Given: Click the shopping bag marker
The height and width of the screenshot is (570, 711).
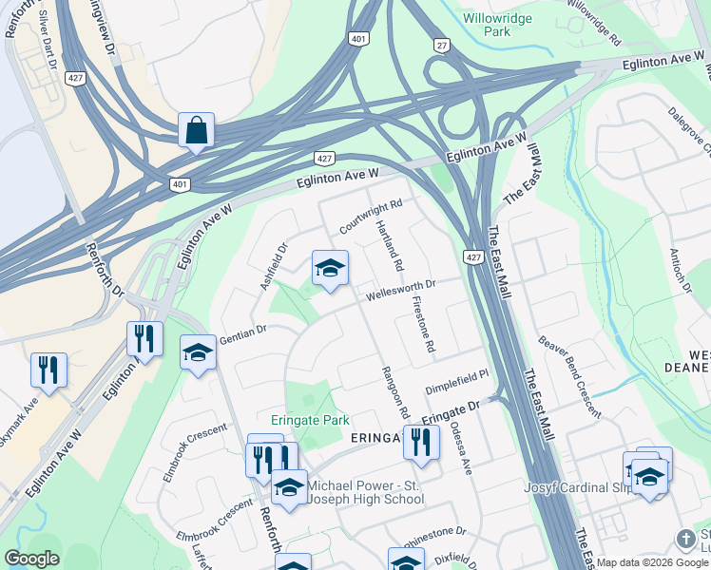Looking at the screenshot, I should click(x=196, y=131).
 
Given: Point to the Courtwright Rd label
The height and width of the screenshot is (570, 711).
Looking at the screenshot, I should click(x=371, y=217).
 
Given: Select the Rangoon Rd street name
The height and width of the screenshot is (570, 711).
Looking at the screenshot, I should click(x=394, y=392).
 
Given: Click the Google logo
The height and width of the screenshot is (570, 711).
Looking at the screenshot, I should click(x=31, y=559).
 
